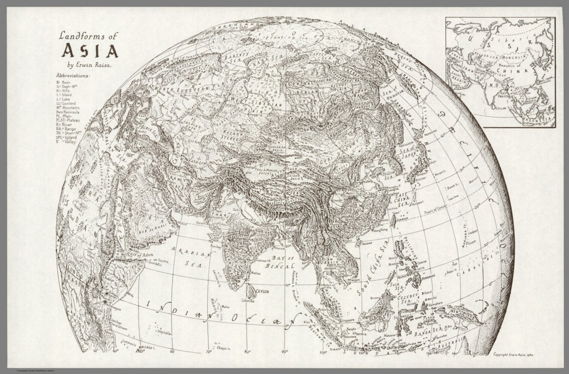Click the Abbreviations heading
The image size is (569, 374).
(x=73, y=75)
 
